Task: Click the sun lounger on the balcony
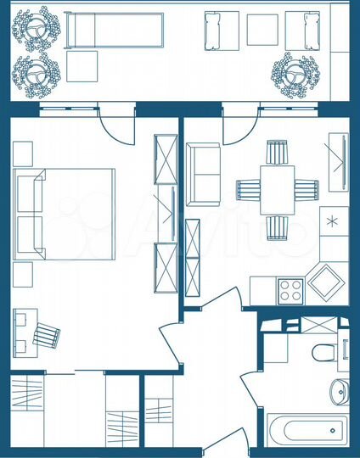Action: tap(113, 31)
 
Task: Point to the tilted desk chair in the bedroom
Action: tap(48, 334)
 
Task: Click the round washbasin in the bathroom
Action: tap(338, 391)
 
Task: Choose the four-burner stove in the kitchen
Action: tap(291, 290)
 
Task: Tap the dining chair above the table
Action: tap(278, 153)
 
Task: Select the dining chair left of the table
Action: tap(247, 189)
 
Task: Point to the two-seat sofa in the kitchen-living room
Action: tap(203, 175)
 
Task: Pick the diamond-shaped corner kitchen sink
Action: tap(327, 281)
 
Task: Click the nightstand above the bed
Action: tap(23, 153)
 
